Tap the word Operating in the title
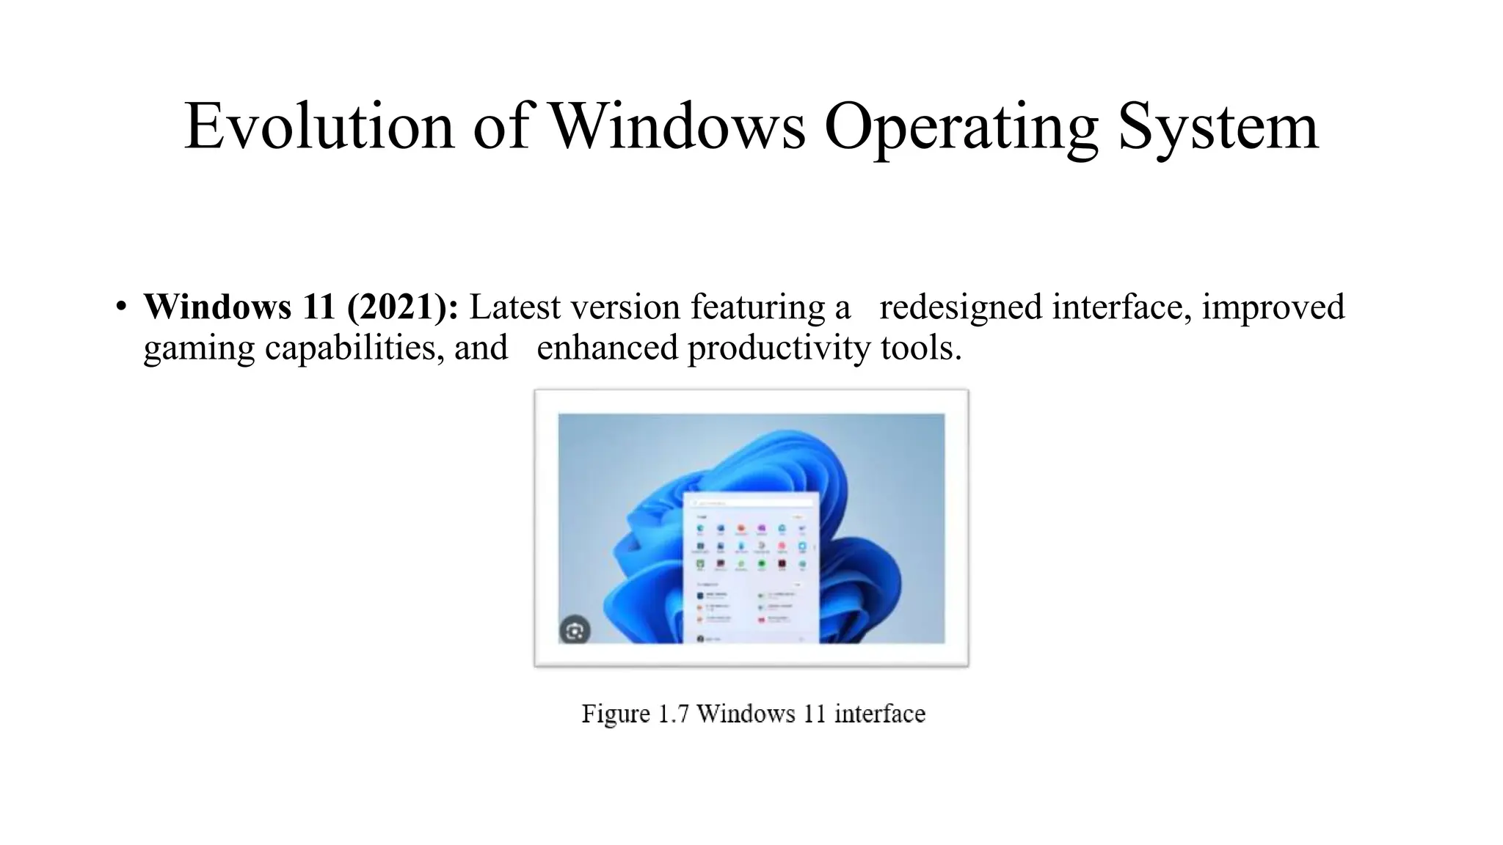[x=961, y=126]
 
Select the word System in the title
[x=1218, y=126]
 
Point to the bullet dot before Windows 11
[x=121, y=306]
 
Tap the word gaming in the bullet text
[x=198, y=348]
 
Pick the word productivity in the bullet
[x=778, y=348]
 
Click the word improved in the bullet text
[x=1273, y=306]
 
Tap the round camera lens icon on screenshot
[x=575, y=631]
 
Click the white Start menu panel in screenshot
[x=750, y=579]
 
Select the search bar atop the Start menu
[x=750, y=503]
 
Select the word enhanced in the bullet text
[x=607, y=348]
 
